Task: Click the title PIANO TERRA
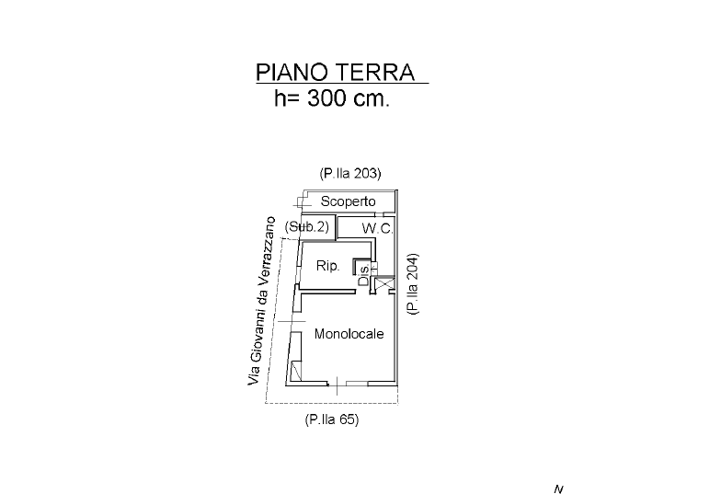(336, 73)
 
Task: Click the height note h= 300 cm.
(332, 99)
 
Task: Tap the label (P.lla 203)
(350, 173)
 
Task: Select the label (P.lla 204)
(413, 283)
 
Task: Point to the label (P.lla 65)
(331, 419)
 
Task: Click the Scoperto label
(349, 201)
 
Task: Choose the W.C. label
(376, 227)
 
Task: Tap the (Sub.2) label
(307, 226)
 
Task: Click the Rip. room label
(328, 266)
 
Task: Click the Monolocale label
(349, 334)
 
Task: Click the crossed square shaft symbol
(384, 284)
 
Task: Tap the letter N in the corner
(558, 488)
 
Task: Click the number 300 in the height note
(331, 99)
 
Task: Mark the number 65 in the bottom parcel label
(343, 419)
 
